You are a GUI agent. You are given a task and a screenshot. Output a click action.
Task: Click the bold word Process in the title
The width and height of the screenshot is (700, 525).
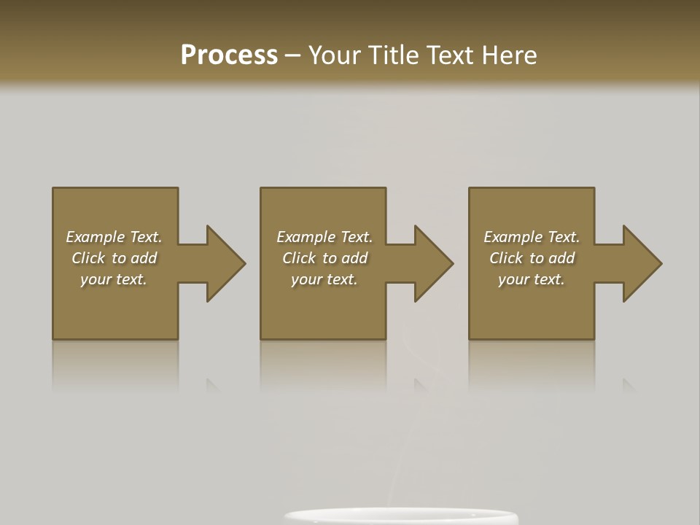[229, 55]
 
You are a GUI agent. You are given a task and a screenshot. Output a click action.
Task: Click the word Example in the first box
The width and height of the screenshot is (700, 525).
[96, 237]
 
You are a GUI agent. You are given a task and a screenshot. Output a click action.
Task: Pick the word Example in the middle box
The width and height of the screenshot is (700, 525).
[306, 237]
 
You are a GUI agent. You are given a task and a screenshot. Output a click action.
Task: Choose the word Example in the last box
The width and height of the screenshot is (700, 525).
[513, 237]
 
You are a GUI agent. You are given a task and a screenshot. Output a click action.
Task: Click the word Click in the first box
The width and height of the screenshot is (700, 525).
[88, 258]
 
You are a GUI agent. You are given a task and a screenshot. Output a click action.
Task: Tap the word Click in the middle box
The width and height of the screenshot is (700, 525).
[299, 258]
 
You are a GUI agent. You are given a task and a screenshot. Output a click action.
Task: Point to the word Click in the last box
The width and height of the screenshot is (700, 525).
[506, 258]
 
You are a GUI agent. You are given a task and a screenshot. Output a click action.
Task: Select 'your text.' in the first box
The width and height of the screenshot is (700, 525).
[114, 279]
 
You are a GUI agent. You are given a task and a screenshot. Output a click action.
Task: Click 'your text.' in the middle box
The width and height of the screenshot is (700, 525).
[324, 279]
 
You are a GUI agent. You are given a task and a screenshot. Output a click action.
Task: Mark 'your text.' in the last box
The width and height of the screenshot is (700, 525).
[532, 279]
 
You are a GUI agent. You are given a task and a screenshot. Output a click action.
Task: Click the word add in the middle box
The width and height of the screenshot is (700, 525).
[354, 258]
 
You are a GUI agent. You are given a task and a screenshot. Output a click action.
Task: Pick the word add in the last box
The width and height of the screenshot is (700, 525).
[561, 258]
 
